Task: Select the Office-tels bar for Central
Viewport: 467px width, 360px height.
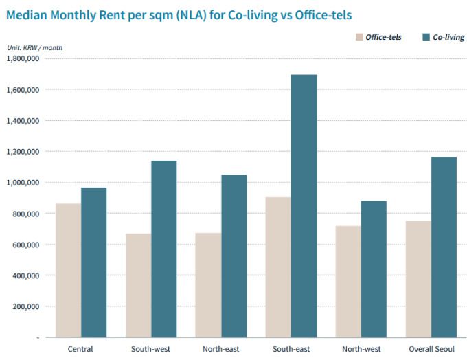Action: [x=68, y=270]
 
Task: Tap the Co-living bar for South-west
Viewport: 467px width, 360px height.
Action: [x=163, y=249]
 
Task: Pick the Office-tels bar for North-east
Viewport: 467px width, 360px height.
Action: [x=208, y=285]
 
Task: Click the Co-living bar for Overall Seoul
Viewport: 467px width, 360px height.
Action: [x=444, y=247]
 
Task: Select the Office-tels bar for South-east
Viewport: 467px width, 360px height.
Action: [x=278, y=267]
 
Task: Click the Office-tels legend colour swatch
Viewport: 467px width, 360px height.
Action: [x=359, y=37]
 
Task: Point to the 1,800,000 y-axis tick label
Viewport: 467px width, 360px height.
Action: [x=23, y=58]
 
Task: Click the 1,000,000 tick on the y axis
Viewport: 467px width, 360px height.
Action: [x=23, y=183]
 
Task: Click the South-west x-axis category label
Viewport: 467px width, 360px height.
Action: [x=150, y=349]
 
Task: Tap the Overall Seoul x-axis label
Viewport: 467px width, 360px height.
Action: [x=431, y=349]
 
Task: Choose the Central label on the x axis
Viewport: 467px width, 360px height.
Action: [x=80, y=349]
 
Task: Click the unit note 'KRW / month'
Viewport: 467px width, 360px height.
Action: [x=33, y=47]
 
